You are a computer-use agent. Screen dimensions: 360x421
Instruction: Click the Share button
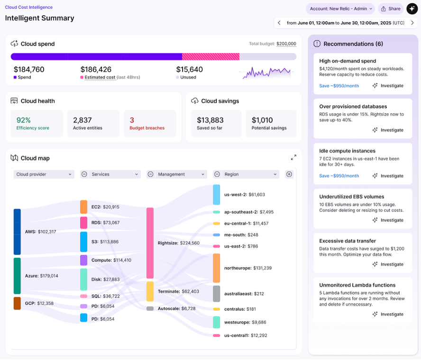(391, 9)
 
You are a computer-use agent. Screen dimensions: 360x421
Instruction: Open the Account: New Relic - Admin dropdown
(340, 9)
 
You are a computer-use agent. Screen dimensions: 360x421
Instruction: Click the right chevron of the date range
(412, 23)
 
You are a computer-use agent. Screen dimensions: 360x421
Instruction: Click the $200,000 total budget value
(286, 44)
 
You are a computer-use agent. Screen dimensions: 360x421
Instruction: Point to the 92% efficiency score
(24, 120)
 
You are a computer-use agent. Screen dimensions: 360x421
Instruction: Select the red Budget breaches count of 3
(132, 120)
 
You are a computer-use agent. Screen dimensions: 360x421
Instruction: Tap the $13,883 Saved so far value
(210, 120)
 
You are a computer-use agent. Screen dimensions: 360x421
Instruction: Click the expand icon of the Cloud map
(293, 157)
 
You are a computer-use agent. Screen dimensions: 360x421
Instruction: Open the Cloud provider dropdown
(44, 174)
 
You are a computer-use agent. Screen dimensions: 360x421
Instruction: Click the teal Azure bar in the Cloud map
(17, 276)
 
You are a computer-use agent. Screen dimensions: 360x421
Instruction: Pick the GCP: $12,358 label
(40, 303)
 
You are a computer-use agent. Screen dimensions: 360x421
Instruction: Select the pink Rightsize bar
(150, 243)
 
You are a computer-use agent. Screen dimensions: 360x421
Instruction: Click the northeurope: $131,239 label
(248, 268)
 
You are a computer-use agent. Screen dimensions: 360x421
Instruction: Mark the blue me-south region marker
(216, 235)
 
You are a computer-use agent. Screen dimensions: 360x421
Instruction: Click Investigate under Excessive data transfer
(388, 264)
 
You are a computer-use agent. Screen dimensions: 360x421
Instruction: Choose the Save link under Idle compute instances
(339, 176)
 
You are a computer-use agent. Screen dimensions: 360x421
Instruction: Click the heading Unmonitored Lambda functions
(357, 285)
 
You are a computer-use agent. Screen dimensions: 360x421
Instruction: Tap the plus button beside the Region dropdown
(289, 174)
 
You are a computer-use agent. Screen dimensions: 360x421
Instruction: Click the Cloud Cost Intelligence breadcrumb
(29, 8)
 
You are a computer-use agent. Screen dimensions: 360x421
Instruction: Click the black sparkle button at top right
(412, 9)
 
